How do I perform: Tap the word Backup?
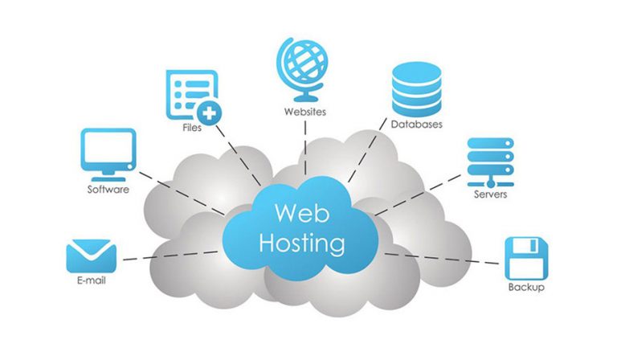coord(526,287)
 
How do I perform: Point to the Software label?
coord(108,190)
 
